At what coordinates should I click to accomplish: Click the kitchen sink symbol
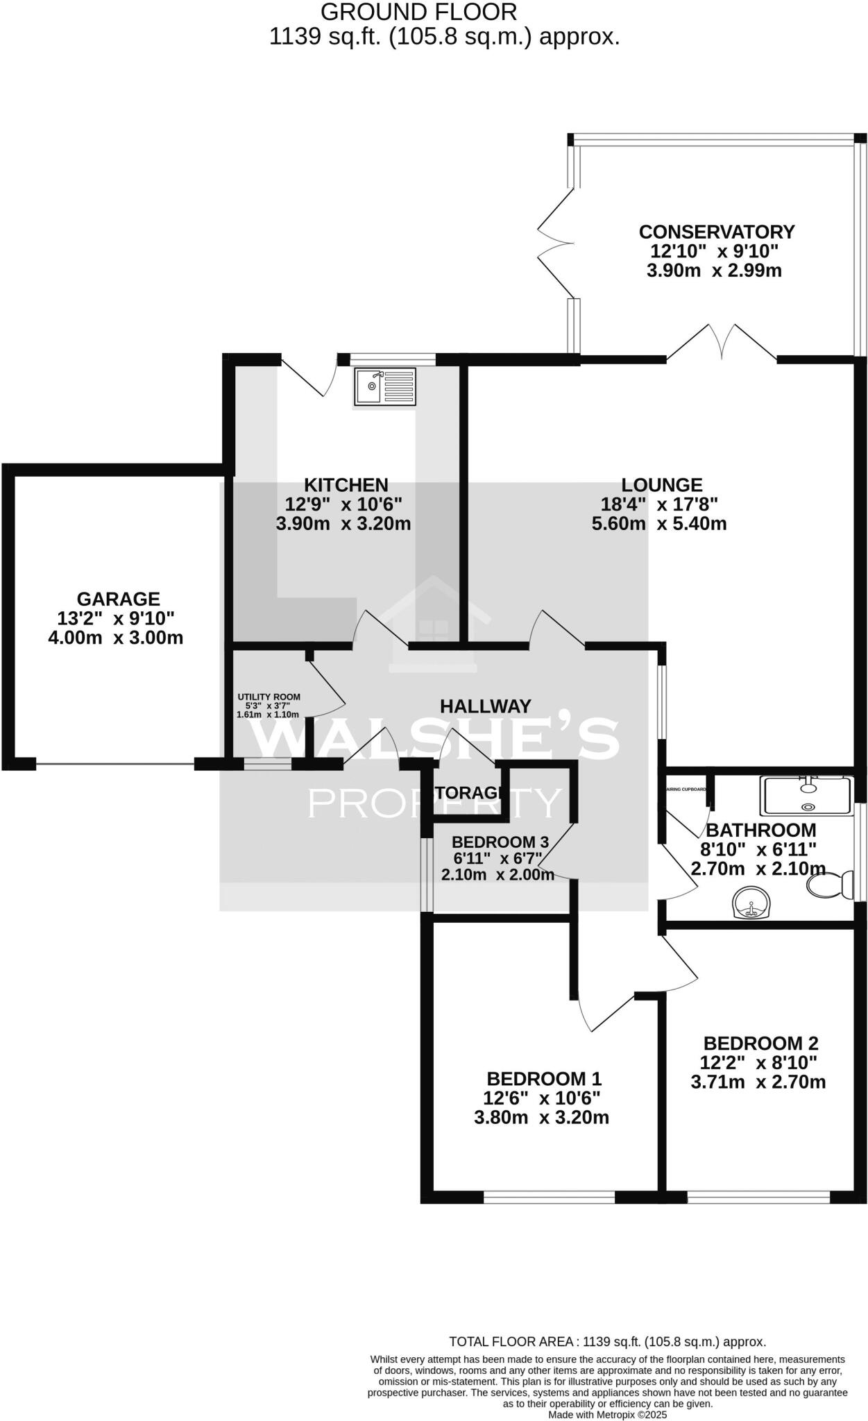pyautogui.click(x=385, y=386)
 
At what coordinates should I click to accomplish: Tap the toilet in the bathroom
pyautogui.click(x=830, y=884)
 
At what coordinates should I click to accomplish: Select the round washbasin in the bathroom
pyautogui.click(x=751, y=903)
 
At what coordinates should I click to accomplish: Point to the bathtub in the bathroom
pyautogui.click(x=807, y=796)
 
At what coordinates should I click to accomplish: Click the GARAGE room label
pyautogui.click(x=118, y=599)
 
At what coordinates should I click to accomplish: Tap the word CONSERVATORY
pyautogui.click(x=716, y=232)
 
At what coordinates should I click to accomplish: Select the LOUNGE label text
pyautogui.click(x=661, y=485)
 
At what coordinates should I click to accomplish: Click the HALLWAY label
pyautogui.click(x=485, y=706)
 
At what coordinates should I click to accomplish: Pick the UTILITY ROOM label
pyautogui.click(x=269, y=697)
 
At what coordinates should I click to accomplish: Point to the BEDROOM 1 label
pyautogui.click(x=543, y=1079)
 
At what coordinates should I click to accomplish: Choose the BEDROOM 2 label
pyautogui.click(x=760, y=1043)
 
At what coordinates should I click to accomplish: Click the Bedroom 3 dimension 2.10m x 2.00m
pyautogui.click(x=497, y=875)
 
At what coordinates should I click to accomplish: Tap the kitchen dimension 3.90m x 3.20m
pyautogui.click(x=343, y=523)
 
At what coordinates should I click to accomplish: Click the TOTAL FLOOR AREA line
pyautogui.click(x=607, y=1342)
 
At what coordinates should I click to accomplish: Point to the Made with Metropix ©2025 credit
pyautogui.click(x=607, y=1414)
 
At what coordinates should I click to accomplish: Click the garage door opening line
pyautogui.click(x=114, y=765)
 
